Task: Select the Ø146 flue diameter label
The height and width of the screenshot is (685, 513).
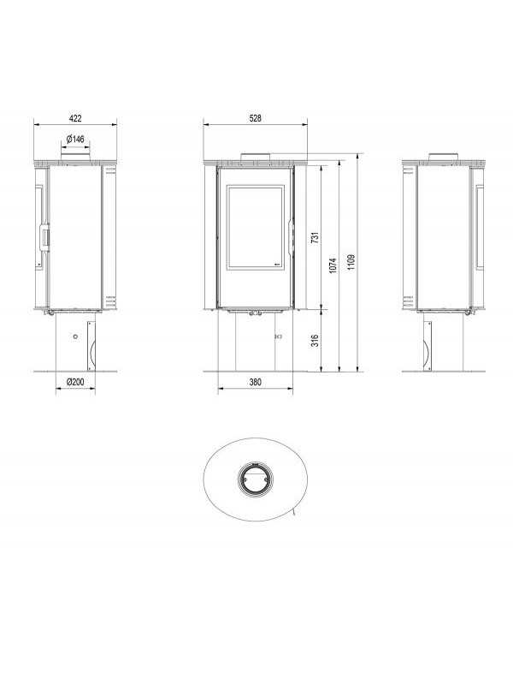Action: (x=74, y=139)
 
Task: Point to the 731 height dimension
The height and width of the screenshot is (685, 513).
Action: (x=314, y=236)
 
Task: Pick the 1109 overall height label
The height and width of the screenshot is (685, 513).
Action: (x=351, y=260)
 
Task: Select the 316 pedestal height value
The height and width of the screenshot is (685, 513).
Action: (x=314, y=341)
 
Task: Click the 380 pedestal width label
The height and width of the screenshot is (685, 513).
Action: (x=255, y=382)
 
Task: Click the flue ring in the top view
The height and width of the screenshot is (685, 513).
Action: (x=254, y=479)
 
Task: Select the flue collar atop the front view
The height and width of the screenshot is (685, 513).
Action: (x=255, y=157)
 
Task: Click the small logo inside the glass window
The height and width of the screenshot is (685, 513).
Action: (x=275, y=264)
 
